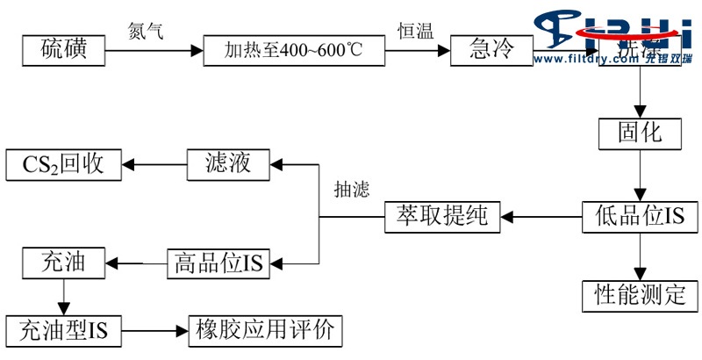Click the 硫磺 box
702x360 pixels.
pos(63,51)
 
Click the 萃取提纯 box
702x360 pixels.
pos(442,216)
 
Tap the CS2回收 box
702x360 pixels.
pos(63,164)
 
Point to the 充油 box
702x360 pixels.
pos(63,261)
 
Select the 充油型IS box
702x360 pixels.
pos(63,330)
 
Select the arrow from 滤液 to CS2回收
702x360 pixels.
pos(154,163)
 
